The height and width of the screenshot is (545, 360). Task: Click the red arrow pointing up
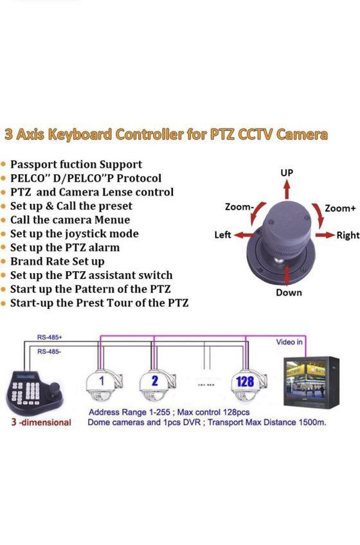point(287,189)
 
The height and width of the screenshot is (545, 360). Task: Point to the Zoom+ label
point(340,208)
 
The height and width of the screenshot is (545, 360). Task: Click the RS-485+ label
point(49,336)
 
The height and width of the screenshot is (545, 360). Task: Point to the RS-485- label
point(49,352)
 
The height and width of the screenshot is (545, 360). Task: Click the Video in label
point(289,342)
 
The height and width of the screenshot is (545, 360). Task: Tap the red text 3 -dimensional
point(40,422)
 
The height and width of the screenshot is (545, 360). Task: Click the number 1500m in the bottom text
point(312,422)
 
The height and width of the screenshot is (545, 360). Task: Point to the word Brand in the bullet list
point(26,262)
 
